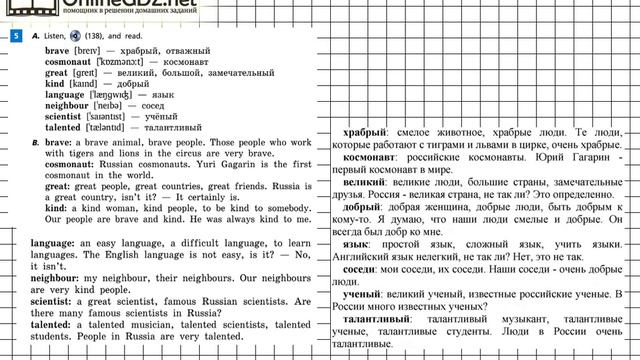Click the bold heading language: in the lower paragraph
pyautogui.click(x=60, y=243)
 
